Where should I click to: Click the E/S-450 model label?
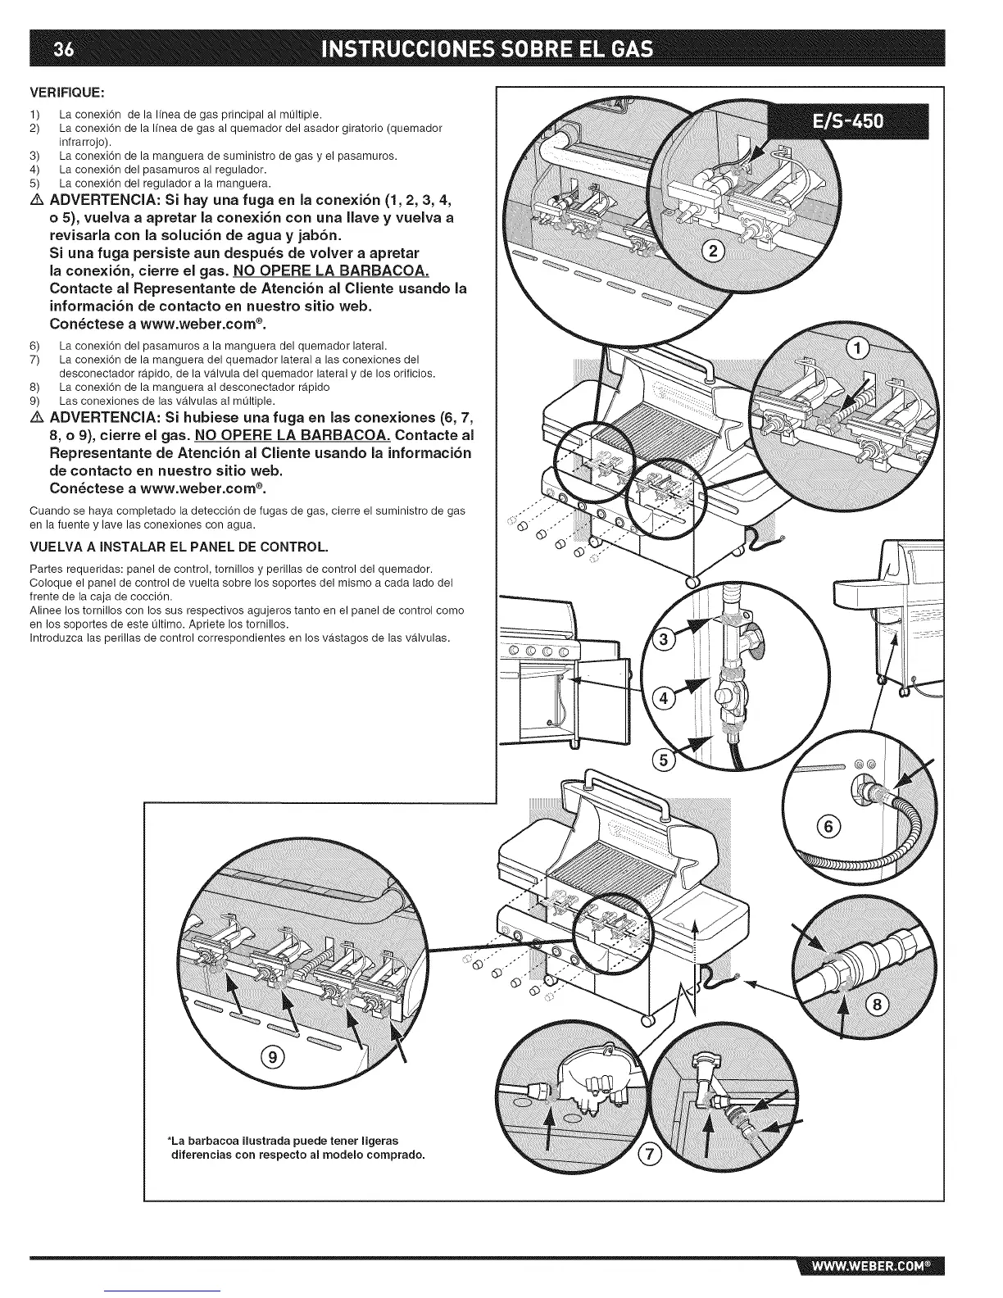point(855,121)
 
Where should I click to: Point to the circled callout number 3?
point(665,639)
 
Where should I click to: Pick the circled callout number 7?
point(649,1155)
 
